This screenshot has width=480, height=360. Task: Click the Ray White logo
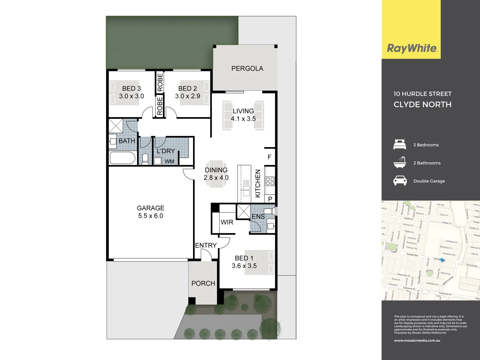click(412, 48)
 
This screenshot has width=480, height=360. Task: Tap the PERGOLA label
click(247, 68)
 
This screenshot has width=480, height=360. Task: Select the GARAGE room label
click(150, 208)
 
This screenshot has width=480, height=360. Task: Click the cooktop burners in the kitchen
click(270, 181)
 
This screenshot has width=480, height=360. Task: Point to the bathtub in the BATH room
click(123, 158)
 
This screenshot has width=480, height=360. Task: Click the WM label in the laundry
click(169, 161)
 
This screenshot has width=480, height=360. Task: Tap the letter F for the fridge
click(269, 157)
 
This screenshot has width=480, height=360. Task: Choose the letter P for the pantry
click(270, 199)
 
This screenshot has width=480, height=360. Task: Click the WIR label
click(227, 222)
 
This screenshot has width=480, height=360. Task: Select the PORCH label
click(203, 283)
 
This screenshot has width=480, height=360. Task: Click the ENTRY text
click(206, 245)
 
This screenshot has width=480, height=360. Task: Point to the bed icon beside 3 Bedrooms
click(400, 145)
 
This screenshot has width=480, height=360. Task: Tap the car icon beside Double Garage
click(400, 181)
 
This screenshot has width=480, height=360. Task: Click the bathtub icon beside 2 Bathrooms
click(400, 162)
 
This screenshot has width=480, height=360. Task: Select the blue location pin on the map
click(442, 260)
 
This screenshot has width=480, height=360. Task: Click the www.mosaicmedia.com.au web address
click(417, 340)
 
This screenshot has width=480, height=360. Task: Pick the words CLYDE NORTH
click(422, 104)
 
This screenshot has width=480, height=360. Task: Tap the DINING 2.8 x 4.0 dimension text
click(216, 178)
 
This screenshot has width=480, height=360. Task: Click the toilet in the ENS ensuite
click(269, 211)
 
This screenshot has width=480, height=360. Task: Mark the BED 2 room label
click(187, 88)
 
